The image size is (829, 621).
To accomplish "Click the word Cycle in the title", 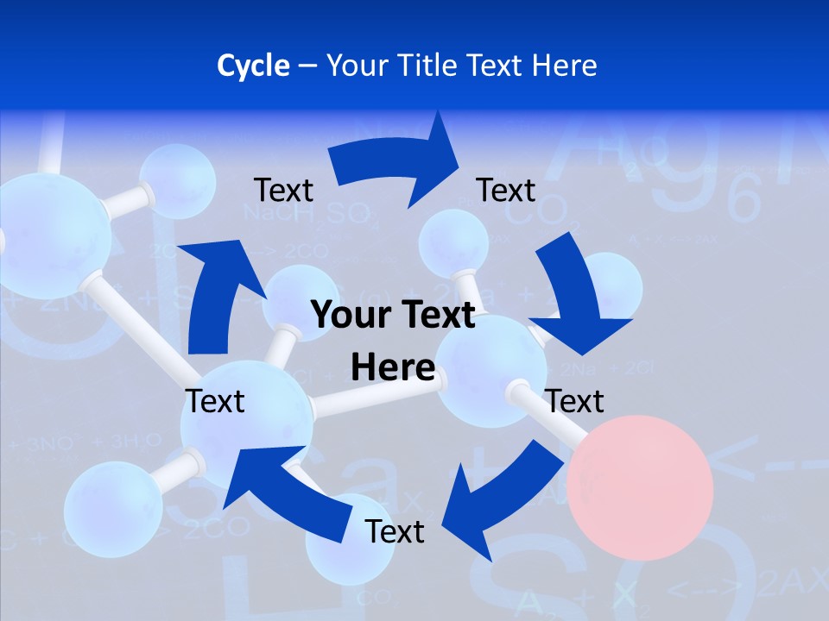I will click(x=253, y=66).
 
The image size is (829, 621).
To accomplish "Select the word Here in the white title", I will click(x=561, y=66).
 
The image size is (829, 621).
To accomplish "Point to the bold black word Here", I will click(x=393, y=367).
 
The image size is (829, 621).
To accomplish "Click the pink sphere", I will click(x=640, y=487).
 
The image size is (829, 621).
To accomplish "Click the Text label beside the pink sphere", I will click(x=574, y=401).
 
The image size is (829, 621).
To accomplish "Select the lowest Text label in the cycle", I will click(x=395, y=532).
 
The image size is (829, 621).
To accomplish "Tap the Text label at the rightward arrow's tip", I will click(x=506, y=190).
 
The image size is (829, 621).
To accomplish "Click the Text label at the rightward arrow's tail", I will click(x=283, y=190).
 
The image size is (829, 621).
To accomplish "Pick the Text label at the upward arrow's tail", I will click(x=215, y=401).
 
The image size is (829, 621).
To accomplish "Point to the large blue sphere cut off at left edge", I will click(x=52, y=235).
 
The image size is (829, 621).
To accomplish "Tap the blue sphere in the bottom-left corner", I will click(x=112, y=509).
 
